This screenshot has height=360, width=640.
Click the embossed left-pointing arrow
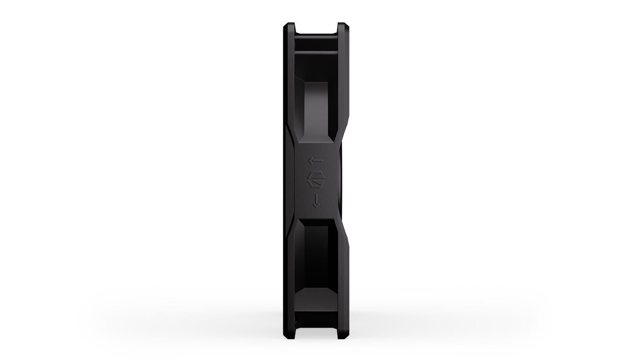coord(316,161)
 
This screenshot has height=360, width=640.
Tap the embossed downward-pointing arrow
coord(316,200)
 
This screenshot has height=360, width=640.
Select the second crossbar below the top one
coord(316,53)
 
